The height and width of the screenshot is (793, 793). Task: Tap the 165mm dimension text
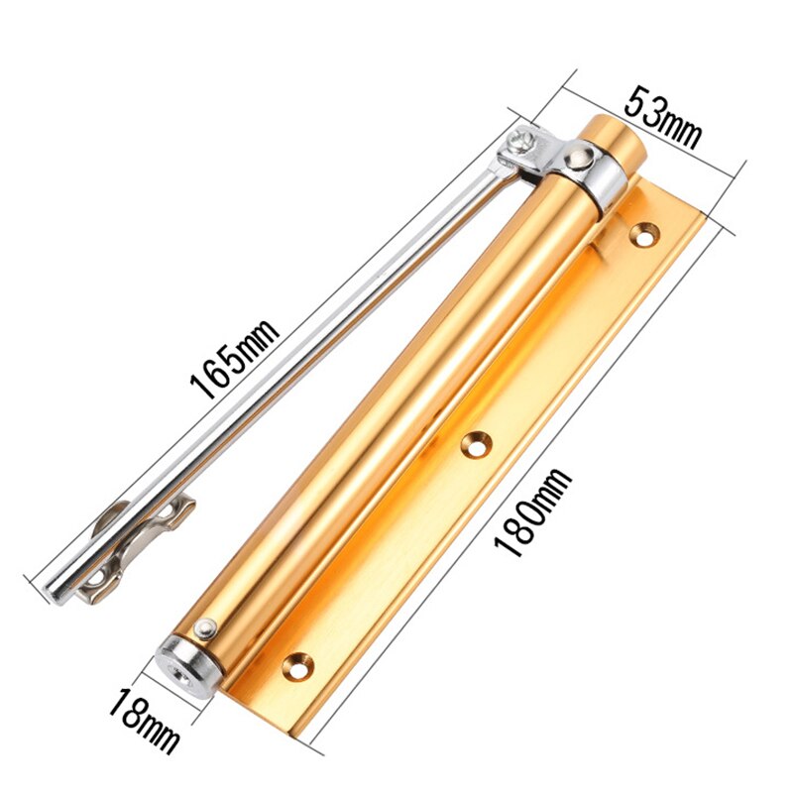[236, 352]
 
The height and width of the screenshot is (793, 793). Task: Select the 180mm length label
[534, 512]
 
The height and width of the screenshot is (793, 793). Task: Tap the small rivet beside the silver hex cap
[206, 627]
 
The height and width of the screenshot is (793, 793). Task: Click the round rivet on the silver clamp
[577, 156]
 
